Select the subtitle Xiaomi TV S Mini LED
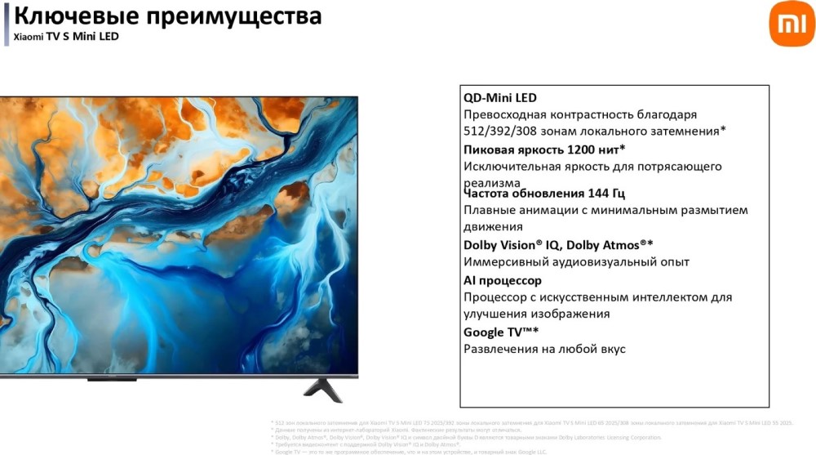click(x=66, y=37)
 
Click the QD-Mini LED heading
click(x=500, y=98)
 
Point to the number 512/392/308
click(x=499, y=131)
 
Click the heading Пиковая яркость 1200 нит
click(x=543, y=149)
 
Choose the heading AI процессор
click(x=503, y=280)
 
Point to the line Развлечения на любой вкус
click(x=544, y=349)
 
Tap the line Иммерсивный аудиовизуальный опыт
click(x=576, y=262)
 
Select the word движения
click(x=493, y=227)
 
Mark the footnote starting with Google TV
click(x=408, y=451)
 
